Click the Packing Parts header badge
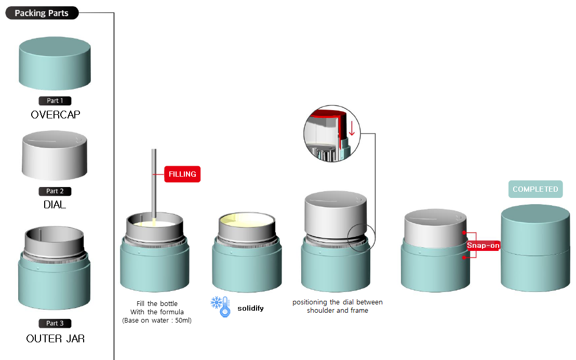point(42,13)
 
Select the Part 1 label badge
point(55,101)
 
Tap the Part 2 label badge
point(55,191)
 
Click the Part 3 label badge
point(55,323)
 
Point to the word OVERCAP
point(56,115)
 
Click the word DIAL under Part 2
point(55,205)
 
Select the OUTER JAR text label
point(56,338)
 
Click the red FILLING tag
point(182,174)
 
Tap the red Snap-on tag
point(483,245)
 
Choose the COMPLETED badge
point(535,189)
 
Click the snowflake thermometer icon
point(221,306)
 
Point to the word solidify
point(250,308)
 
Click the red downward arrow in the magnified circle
point(352,128)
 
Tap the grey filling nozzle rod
point(154,184)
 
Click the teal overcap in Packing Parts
point(55,63)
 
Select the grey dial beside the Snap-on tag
point(435,229)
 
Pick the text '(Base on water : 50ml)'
point(157,321)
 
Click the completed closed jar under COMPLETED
point(535,248)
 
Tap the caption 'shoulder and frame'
point(338,311)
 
